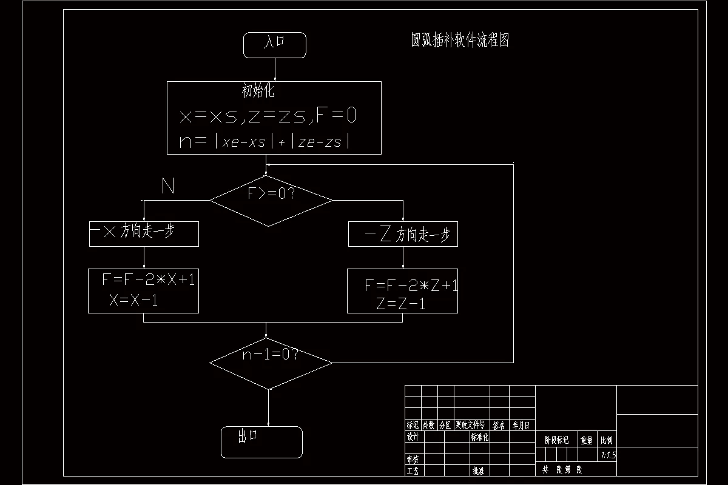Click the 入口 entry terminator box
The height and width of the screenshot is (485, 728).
(274, 45)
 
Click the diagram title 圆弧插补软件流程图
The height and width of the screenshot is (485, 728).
(459, 41)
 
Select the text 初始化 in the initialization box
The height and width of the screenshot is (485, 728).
(258, 92)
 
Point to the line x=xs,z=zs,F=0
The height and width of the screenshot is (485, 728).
(268, 116)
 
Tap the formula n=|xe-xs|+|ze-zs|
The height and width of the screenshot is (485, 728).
(265, 142)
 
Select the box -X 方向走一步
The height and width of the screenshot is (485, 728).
(144, 233)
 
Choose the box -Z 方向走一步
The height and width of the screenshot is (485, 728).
(403, 235)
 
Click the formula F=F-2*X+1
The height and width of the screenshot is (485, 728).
(149, 280)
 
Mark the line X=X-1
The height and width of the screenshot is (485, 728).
(133, 299)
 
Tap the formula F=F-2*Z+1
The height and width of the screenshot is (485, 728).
(411, 286)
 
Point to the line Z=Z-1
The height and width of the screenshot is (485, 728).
(400, 304)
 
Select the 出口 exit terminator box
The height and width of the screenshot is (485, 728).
(261, 441)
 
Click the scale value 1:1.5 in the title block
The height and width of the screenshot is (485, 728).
(607, 455)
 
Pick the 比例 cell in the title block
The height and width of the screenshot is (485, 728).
(607, 440)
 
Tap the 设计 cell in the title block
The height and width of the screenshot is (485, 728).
(413, 437)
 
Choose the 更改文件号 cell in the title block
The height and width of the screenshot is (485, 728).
(470, 425)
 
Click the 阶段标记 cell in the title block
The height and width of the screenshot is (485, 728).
(557, 440)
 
